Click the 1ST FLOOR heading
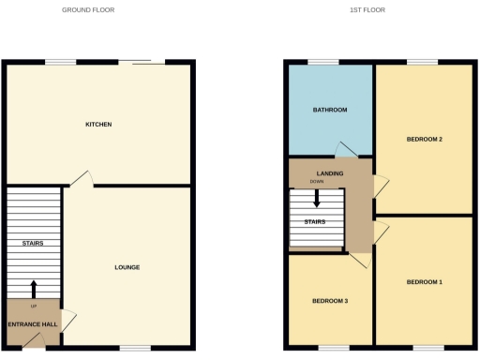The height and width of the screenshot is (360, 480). (367, 10)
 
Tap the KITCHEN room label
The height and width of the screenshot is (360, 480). (98, 124)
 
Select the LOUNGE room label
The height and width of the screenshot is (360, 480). (127, 267)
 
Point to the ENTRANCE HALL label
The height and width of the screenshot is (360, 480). (33, 324)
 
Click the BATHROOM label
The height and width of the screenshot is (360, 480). (330, 110)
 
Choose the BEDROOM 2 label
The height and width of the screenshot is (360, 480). (424, 139)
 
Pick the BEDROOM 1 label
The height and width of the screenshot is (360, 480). (424, 281)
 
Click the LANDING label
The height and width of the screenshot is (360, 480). (329, 173)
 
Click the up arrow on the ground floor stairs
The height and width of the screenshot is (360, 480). (34, 288)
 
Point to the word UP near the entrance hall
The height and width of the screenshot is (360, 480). (34, 307)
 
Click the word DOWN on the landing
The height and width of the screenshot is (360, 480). (329, 182)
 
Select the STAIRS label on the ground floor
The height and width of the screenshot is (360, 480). (34, 243)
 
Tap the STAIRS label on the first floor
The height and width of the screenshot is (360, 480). (315, 222)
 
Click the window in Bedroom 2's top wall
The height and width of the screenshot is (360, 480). (421, 63)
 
